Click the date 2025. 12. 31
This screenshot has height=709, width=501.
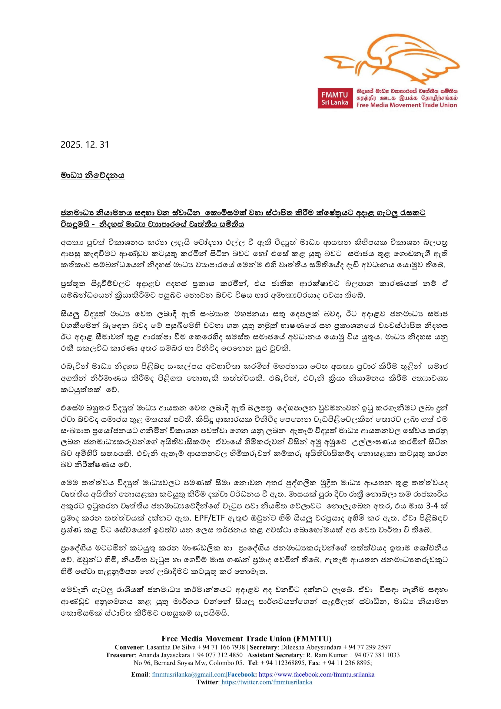pos(85,145)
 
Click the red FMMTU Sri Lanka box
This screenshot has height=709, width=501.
pos(335,98)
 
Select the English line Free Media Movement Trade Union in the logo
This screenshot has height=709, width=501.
pos(406,105)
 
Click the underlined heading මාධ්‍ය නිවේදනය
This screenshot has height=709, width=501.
pos(93,176)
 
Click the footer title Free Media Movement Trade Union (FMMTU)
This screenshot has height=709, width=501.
pos(247,639)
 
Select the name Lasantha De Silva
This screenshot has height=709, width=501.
pos(171,647)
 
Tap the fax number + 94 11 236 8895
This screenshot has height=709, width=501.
pos(346,663)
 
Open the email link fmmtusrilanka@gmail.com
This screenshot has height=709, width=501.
pos(189,674)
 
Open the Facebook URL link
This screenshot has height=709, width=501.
pos(317,674)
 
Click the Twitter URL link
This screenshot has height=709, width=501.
pos(267,682)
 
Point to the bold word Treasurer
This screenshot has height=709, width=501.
pos(120,655)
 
